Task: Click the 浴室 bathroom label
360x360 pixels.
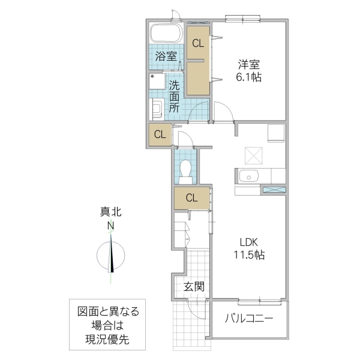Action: tap(166, 57)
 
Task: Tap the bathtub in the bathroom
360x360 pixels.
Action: tap(167, 34)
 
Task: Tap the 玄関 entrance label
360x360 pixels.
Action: tap(194, 286)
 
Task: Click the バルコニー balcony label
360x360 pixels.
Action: tap(249, 318)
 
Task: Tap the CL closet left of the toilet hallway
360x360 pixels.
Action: tap(159, 134)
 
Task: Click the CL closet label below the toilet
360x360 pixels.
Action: tap(191, 197)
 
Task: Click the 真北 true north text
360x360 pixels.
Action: tap(110, 212)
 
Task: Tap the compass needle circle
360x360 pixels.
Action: tap(111, 254)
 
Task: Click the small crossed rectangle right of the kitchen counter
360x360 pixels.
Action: tap(274, 190)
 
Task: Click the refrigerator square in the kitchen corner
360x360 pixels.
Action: tap(276, 131)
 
